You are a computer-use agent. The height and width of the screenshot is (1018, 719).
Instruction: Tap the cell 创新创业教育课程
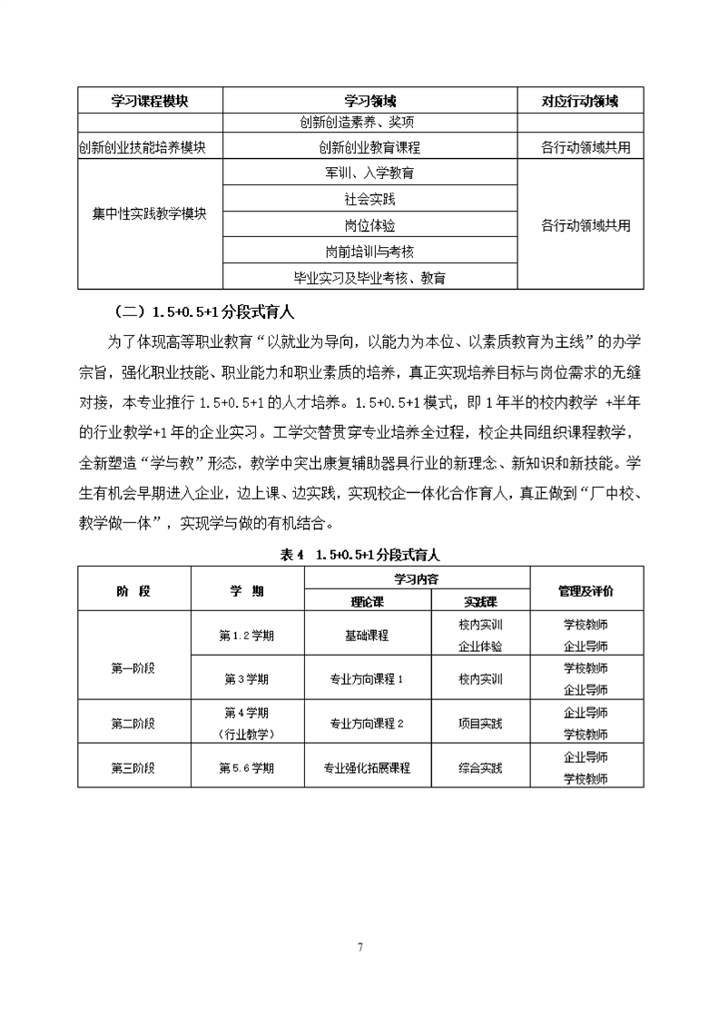369,147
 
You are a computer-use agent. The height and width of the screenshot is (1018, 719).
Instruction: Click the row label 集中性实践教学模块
150,215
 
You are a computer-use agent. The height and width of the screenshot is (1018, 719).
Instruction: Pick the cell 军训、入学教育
369,173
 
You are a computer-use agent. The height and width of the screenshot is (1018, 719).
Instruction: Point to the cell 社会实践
369,198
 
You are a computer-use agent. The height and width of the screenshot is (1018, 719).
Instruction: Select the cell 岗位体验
369,224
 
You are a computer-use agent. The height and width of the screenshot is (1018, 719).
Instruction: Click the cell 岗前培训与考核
369,251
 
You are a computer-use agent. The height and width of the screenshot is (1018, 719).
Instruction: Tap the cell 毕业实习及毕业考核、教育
369,277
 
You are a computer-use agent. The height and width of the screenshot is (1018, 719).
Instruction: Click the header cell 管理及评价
586,590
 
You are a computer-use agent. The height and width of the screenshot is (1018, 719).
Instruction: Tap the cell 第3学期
246,678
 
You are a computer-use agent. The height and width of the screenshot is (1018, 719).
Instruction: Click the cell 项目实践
480,724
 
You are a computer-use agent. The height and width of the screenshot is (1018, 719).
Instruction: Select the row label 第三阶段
133,767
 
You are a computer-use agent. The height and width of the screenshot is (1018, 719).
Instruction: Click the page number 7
360,947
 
